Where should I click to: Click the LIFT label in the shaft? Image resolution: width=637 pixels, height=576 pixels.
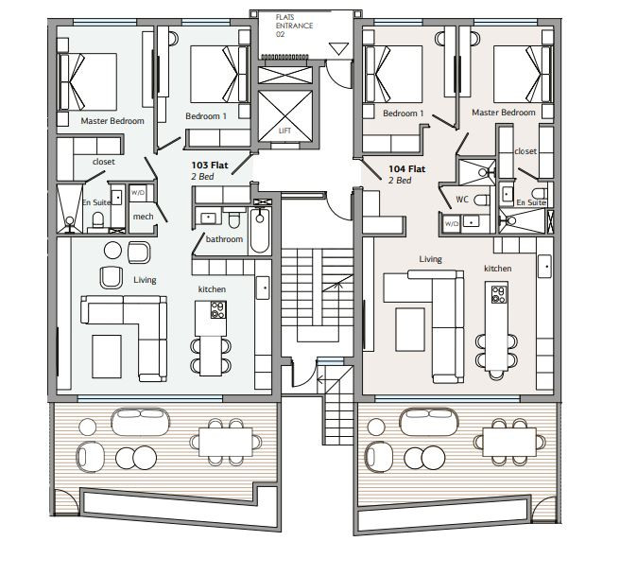[284, 131]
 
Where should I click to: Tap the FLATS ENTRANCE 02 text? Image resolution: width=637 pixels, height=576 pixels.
[294, 26]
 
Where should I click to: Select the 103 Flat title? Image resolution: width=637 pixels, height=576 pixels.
[210, 165]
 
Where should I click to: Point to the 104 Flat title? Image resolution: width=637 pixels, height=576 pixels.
[407, 168]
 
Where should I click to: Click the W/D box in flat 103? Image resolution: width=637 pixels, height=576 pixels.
[138, 193]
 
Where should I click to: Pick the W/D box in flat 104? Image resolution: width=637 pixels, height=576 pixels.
[452, 223]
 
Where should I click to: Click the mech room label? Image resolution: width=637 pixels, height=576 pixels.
[143, 217]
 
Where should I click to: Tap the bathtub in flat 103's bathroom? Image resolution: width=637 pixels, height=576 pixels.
[260, 231]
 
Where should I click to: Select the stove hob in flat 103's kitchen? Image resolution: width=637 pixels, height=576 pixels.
[218, 309]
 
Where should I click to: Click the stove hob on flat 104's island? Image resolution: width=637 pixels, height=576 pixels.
[499, 295]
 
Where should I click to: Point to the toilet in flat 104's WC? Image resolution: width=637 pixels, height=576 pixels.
[482, 200]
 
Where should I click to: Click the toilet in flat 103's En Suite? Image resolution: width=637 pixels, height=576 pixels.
[98, 220]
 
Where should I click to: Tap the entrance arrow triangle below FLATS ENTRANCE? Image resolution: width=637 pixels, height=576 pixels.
[338, 49]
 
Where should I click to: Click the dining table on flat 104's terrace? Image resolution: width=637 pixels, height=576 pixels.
[509, 442]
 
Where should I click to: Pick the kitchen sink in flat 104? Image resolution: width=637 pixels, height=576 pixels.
[544, 267]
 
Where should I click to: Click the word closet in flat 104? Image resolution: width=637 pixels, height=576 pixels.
[525, 151]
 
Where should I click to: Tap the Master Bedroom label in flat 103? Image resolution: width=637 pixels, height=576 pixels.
[112, 121]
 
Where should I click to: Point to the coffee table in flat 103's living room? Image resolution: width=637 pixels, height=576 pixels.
[107, 356]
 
